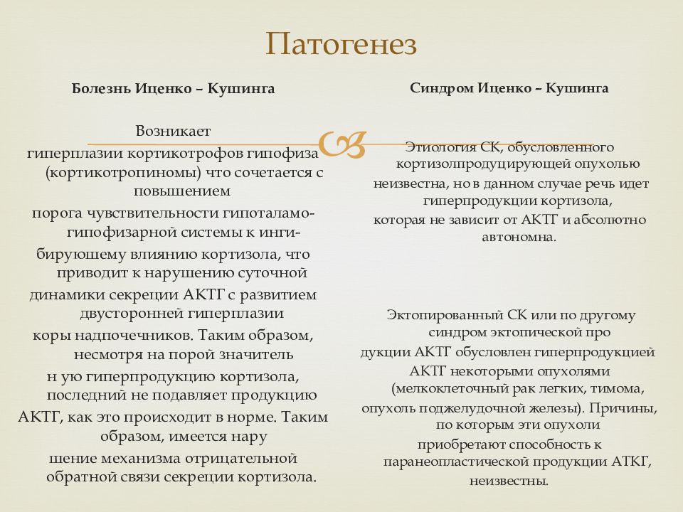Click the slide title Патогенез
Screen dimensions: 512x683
pos(341,45)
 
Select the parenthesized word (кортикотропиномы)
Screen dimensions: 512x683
pos(125,172)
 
